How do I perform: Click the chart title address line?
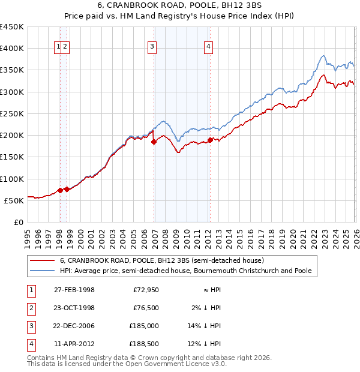179,6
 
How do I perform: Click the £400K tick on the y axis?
12,49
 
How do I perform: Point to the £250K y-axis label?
12,113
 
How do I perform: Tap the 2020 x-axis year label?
292,235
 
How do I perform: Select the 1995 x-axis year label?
28,235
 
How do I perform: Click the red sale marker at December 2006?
154,142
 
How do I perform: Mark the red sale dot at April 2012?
210,140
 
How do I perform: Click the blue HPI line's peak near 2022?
323,56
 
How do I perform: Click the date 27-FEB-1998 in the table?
74,290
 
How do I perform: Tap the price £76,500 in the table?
146,308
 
